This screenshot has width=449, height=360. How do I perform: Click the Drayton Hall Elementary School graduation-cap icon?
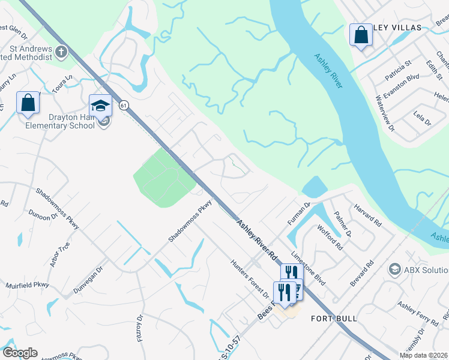click(100, 106)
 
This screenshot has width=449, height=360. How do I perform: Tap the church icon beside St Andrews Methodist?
click(61, 52)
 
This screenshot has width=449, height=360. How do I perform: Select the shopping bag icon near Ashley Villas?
click(361, 35)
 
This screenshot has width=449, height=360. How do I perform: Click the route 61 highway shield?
click(124, 105)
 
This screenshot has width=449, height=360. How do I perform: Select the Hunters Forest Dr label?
click(250, 278)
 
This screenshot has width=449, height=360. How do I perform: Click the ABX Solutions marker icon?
click(394, 268)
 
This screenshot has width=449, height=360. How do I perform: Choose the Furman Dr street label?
click(298, 214)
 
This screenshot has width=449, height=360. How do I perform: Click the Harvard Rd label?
click(368, 214)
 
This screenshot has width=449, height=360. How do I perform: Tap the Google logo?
click(20, 353)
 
